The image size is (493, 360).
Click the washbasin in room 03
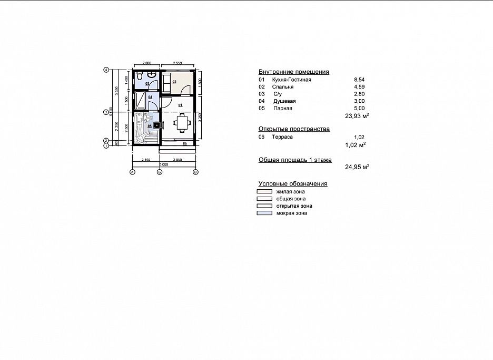point(152,75)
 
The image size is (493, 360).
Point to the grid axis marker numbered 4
point(106,70)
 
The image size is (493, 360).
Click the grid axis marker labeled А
point(132,172)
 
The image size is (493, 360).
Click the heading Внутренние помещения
point(293,72)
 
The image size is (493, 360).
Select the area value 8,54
point(360,80)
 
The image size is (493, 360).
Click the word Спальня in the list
point(283,87)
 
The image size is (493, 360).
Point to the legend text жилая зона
point(287,192)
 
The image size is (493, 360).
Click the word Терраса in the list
point(282,137)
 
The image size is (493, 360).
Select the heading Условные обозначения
point(293,183)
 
